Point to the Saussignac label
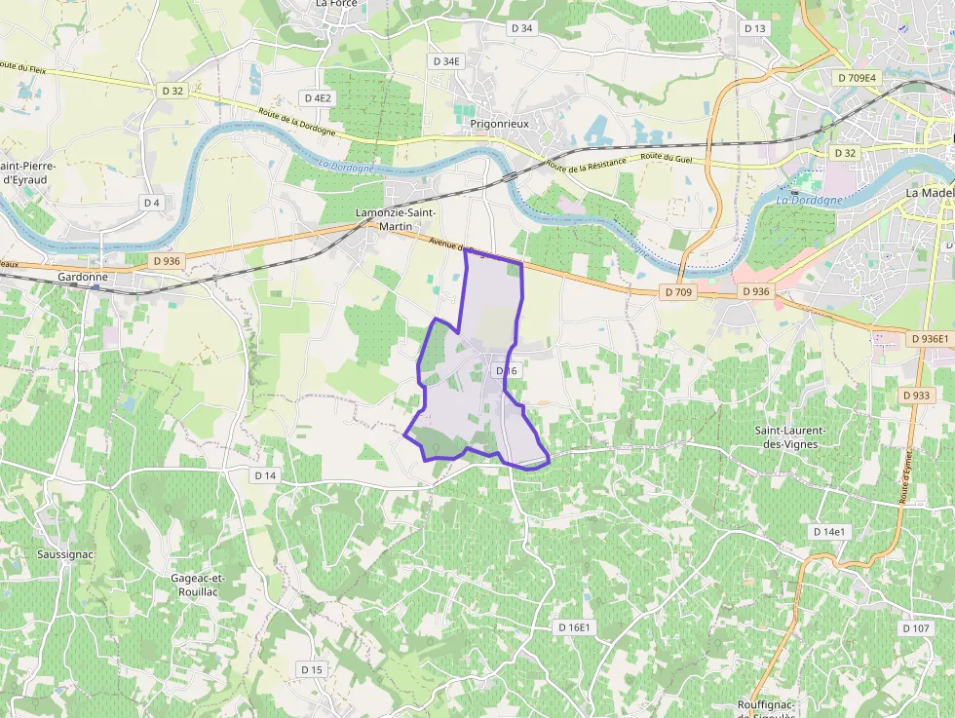pos(65,554)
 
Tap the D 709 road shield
pos(678,291)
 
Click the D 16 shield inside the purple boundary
pos(507,371)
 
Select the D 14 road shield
pos(265,475)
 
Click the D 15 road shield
pos(312,669)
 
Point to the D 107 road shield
pos(916,627)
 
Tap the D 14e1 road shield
pos(831,532)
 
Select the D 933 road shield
pos(916,395)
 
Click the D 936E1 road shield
pos(930,338)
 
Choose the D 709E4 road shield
pos(857,77)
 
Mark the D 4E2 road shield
pos(318,97)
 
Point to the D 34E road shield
pos(446,61)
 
